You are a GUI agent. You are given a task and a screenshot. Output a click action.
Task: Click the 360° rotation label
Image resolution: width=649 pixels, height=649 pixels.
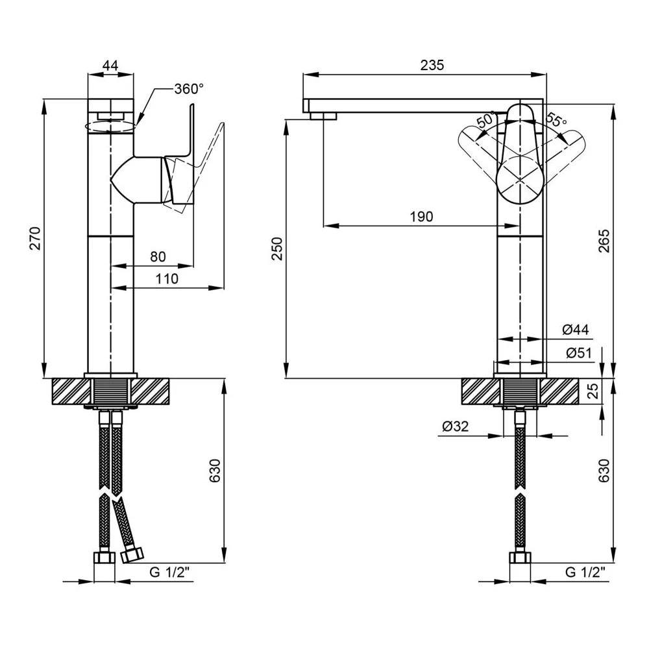(x=189, y=89)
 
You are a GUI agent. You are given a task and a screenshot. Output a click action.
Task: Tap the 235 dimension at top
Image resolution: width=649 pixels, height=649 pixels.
(x=432, y=65)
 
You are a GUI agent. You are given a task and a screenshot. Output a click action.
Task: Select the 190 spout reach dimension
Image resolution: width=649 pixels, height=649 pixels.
(x=421, y=217)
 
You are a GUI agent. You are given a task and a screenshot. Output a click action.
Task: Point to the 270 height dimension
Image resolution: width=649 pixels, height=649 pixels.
(x=35, y=238)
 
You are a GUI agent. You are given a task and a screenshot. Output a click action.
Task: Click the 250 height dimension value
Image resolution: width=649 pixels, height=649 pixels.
(x=277, y=249)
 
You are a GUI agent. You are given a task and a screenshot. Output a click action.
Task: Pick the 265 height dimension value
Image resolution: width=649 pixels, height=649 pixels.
(x=604, y=241)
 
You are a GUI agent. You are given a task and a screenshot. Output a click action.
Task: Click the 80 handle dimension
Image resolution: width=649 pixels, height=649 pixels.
(x=158, y=256)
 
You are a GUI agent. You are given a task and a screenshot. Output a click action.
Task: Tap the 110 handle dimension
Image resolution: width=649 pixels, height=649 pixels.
(x=167, y=278)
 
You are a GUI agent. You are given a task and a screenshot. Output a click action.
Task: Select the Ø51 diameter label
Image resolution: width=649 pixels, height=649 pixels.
(x=579, y=353)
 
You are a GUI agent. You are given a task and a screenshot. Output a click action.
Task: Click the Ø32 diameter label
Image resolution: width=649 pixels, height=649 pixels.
(x=456, y=426)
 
